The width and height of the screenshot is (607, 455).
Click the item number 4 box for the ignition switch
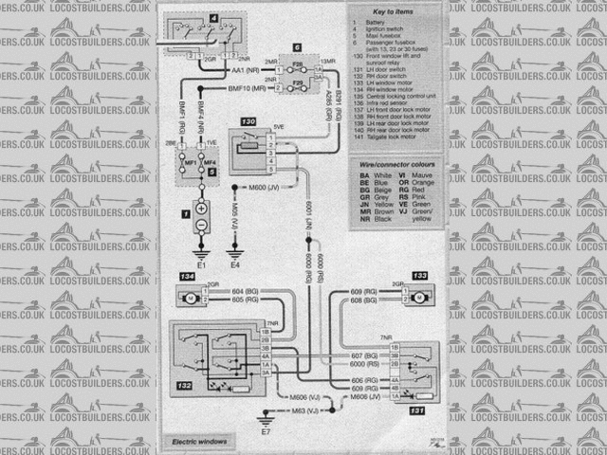point(212,17)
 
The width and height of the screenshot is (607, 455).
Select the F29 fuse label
point(297,84)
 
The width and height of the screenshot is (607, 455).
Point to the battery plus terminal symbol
point(202,207)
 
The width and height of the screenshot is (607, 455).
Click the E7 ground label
point(266,431)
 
